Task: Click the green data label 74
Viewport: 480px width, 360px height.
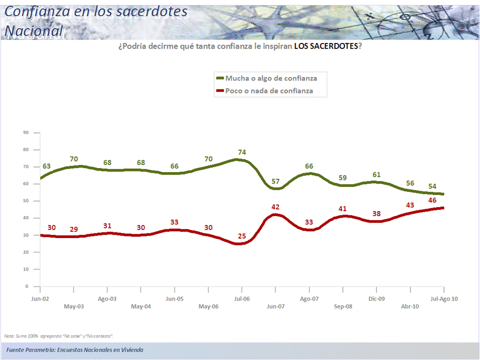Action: click(242, 152)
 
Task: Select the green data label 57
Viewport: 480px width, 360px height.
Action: click(276, 180)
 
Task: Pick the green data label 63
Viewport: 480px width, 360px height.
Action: click(46, 166)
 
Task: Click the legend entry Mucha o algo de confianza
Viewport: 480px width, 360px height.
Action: click(271, 78)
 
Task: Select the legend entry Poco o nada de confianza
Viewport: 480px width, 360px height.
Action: click(269, 90)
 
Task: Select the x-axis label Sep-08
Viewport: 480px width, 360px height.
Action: click(343, 306)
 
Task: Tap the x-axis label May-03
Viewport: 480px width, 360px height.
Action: click(73, 306)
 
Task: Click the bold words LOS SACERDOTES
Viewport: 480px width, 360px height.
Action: click(326, 46)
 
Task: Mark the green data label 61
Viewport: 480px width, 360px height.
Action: click(376, 174)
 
